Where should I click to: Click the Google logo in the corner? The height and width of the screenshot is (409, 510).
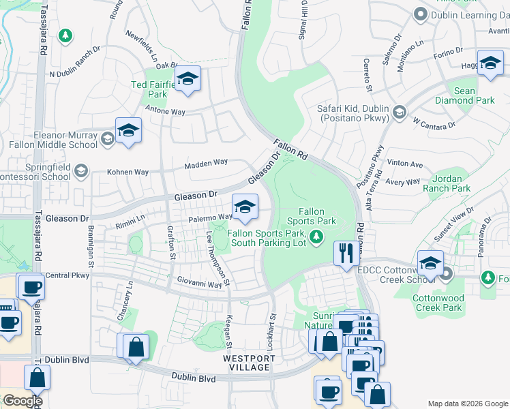(22, 401)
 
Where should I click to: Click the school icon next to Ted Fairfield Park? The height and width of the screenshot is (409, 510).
(187, 79)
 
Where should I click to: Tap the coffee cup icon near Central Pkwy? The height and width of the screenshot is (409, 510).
(31, 286)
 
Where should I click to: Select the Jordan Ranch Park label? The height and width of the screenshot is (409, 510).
(447, 183)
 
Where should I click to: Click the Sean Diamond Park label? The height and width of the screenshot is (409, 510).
(474, 95)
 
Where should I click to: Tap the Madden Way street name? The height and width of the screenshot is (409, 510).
(206, 163)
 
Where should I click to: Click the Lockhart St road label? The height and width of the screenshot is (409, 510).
(271, 332)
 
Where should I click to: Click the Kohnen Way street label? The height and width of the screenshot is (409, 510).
(127, 172)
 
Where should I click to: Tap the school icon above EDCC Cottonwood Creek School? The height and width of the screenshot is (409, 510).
(430, 262)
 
